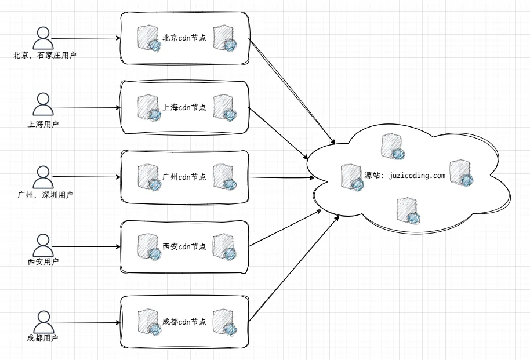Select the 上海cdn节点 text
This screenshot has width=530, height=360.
pos(184,107)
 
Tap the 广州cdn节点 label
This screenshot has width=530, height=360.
pos(184,176)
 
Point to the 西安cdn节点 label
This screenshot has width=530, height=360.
pos(184,246)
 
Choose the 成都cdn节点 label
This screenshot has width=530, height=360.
pos(184,321)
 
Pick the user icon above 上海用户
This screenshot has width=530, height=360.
pos(42,105)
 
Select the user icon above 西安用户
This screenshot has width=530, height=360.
pos(42,245)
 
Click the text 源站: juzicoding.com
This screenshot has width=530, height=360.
pos(405,176)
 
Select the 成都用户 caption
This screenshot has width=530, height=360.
pos(42,338)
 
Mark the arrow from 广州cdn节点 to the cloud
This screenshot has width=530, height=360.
pos(278,177)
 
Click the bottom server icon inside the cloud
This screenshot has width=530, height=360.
pos(408,210)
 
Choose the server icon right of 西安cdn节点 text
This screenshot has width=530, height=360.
pos(224,246)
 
